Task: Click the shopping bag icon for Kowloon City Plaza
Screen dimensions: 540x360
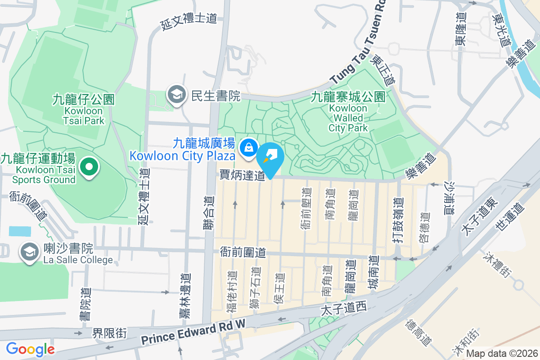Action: [x=247, y=147]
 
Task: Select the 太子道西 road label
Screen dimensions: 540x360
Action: [x=344, y=309]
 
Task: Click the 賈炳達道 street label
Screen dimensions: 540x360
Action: [x=242, y=175]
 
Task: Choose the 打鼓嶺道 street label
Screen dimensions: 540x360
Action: [x=397, y=220]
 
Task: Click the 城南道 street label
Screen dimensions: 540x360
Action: [x=373, y=273]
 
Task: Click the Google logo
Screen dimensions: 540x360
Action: [x=30, y=349]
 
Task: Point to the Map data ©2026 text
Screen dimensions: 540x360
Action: [x=501, y=353]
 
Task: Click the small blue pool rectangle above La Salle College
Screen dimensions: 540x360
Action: [x=20, y=231]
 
